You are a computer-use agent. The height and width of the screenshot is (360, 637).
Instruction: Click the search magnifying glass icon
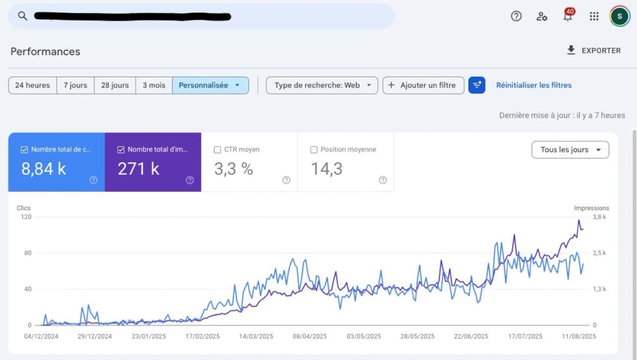pyautogui.click(x=22, y=16)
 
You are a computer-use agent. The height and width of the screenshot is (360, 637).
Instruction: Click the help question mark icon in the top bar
pyautogui.click(x=516, y=16)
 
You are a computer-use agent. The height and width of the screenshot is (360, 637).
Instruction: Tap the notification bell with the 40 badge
pyautogui.click(x=567, y=16)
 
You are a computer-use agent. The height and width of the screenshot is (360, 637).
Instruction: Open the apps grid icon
pyautogui.click(x=594, y=16)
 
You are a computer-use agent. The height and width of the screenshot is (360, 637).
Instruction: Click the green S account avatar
pyautogui.click(x=619, y=16)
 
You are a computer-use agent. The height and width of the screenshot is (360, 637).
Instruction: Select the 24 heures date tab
pyautogui.click(x=32, y=85)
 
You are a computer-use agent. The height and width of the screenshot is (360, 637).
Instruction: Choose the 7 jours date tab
pyautogui.click(x=75, y=85)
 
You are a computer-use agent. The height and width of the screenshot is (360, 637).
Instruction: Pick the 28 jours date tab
pyautogui.click(x=114, y=85)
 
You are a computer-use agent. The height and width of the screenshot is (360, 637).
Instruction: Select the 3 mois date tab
pyautogui.click(x=154, y=85)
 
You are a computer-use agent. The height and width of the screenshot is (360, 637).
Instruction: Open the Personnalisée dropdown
pyautogui.click(x=210, y=85)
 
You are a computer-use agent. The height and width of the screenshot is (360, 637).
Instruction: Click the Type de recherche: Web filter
pyautogui.click(x=322, y=85)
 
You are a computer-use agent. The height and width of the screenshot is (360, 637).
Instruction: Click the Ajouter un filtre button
pyautogui.click(x=423, y=85)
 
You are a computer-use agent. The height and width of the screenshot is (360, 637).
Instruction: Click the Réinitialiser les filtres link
pyautogui.click(x=534, y=85)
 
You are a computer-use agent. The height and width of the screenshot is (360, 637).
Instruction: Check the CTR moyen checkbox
pyautogui.click(x=218, y=150)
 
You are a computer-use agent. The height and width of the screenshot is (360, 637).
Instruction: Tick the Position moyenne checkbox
pyautogui.click(x=314, y=150)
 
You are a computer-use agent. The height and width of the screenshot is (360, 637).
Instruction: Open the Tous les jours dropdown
pyautogui.click(x=570, y=150)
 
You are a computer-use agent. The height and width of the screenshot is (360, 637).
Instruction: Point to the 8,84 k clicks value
pyautogui.click(x=44, y=169)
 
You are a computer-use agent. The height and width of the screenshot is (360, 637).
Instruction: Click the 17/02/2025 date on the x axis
pyautogui.click(x=202, y=336)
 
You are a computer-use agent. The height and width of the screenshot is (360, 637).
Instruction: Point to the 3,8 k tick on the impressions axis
pyautogui.click(x=599, y=217)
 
